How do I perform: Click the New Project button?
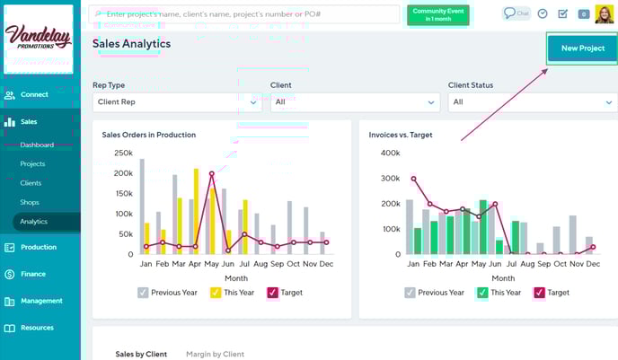[582, 48]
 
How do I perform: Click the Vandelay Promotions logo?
[39, 38]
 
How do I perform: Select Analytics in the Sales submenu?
[34, 222]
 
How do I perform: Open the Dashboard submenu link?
[37, 145]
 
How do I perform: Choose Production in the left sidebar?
[39, 247]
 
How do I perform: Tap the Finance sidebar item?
[33, 274]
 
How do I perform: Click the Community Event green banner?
[437, 14]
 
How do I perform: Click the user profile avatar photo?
[604, 14]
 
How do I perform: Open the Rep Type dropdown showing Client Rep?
[176, 102]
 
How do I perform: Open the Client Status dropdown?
[532, 102]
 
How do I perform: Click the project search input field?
[244, 14]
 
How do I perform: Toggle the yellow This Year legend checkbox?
[216, 293]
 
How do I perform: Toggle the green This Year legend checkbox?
[481, 293]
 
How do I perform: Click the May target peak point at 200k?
[211, 173]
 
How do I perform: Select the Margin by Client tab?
[215, 355]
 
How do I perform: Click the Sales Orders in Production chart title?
[149, 135]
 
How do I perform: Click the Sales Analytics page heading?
[131, 44]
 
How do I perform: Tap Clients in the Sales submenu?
[31, 183]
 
